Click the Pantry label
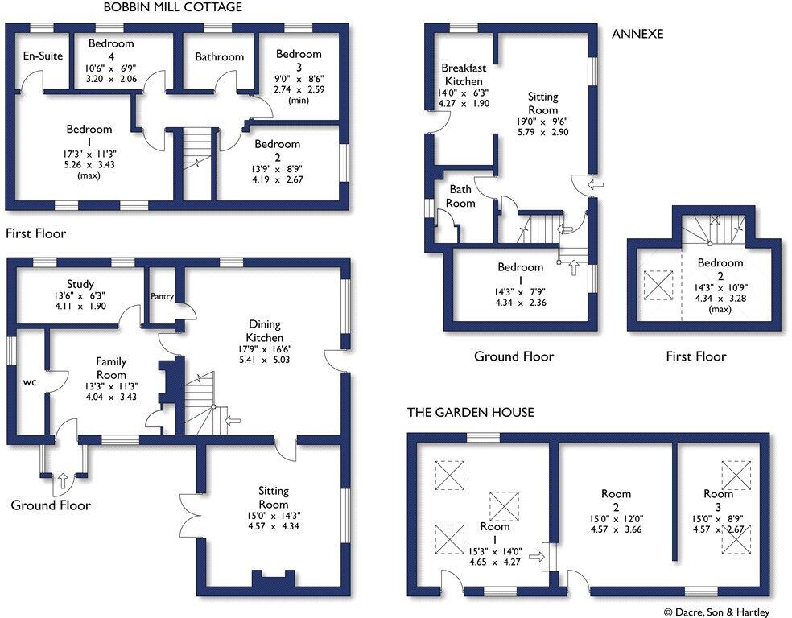click(162, 296)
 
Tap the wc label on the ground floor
click(30, 382)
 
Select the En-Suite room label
click(43, 56)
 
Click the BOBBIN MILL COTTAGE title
click(173, 7)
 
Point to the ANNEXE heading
click(637, 34)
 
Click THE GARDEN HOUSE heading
click(471, 413)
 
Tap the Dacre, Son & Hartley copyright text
click(716, 612)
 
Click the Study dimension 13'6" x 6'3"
click(80, 296)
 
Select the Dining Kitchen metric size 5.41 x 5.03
click(265, 360)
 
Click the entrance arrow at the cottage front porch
click(63, 480)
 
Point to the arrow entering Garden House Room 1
click(537, 557)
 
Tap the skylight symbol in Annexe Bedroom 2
click(658, 286)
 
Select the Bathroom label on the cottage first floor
click(219, 56)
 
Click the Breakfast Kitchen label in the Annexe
click(464, 74)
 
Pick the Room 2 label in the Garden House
click(616, 501)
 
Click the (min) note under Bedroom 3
click(299, 101)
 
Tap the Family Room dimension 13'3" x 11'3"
click(111, 387)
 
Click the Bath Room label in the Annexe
click(460, 196)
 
